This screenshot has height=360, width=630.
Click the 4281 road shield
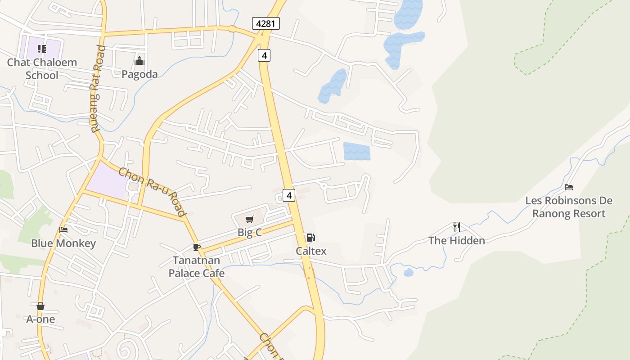(266, 23)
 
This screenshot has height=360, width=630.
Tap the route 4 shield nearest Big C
(289, 195)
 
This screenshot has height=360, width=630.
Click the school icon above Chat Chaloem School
(42, 49)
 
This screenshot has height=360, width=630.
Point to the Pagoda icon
(139, 61)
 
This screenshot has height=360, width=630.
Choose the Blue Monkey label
(63, 243)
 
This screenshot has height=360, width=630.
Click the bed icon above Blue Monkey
(63, 230)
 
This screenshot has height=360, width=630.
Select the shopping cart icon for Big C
(249, 220)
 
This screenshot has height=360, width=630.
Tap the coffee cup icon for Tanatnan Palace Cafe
(196, 247)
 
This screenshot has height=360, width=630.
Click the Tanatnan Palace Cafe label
(196, 267)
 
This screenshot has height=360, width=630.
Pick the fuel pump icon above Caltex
(310, 238)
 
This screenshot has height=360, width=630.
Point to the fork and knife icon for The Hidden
(456, 227)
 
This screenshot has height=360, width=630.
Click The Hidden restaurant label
(457, 241)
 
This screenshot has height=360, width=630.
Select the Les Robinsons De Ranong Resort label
(569, 207)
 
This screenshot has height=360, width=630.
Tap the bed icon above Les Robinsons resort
(569, 187)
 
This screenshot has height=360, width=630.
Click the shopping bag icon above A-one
(40, 306)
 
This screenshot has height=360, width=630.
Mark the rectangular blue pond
(357, 151)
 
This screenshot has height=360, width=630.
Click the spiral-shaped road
(126, 348)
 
